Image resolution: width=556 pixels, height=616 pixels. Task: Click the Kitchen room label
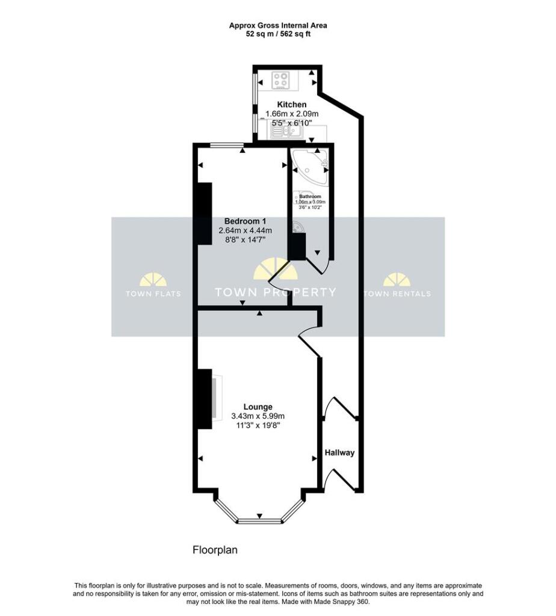coord(291,105)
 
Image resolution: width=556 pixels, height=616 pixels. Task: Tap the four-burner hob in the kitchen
coord(281,80)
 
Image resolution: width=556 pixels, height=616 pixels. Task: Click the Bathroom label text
coord(310,197)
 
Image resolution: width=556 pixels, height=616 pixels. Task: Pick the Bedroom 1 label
coord(244,220)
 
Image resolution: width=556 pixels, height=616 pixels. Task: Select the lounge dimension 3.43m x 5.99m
coord(258,416)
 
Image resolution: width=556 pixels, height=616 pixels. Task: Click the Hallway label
coord(340,453)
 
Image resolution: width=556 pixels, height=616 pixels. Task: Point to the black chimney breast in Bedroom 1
coord(204,214)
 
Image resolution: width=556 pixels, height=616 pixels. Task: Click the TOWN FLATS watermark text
coord(153,294)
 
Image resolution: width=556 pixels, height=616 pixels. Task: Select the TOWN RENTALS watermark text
coord(397,294)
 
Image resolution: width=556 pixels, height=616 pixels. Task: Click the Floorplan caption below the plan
coord(216,550)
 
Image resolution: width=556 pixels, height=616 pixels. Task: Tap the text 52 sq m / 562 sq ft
coord(277,34)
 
